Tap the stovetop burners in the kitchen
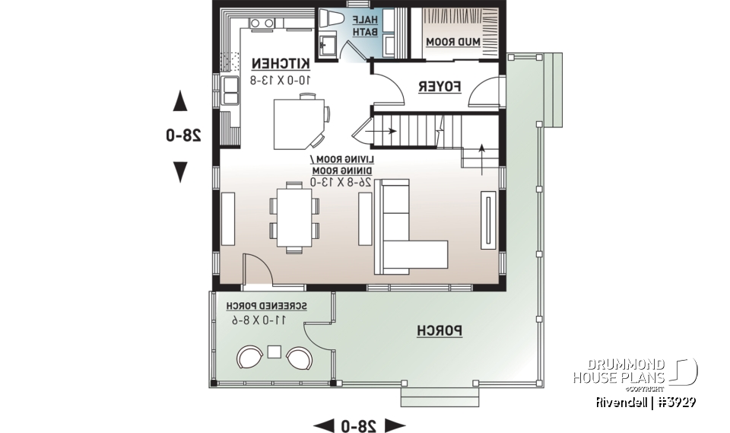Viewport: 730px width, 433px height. tap(263, 24)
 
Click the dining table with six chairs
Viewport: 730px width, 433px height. tap(294, 215)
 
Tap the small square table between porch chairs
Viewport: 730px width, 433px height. tap(275, 352)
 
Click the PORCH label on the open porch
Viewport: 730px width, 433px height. tap(440, 331)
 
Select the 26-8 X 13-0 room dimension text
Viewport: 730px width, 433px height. tap(341, 182)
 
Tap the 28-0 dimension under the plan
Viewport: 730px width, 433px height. tap(360, 425)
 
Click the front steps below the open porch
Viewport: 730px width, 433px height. tap(440, 396)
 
